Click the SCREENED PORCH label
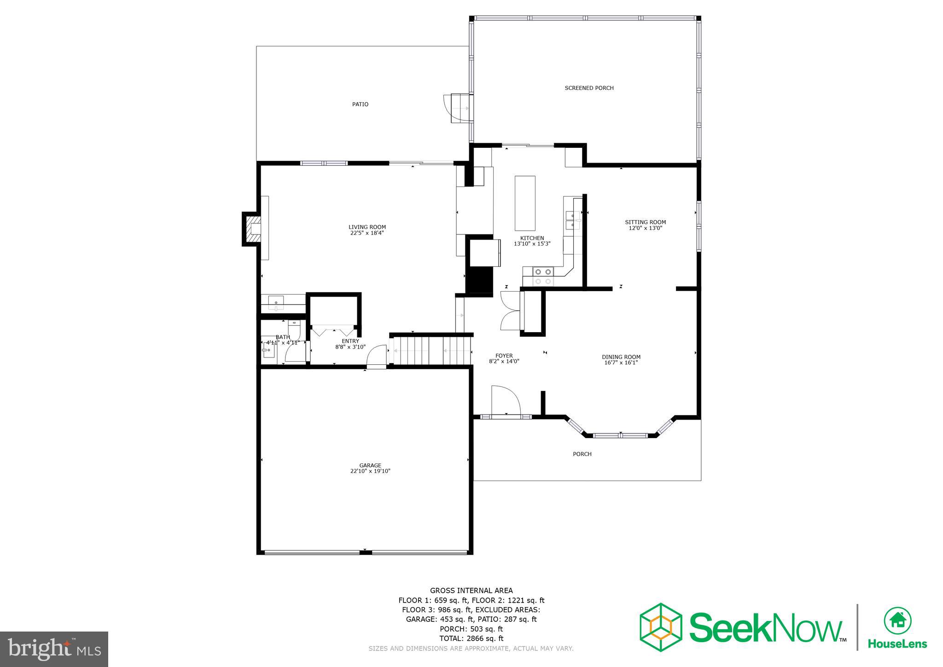[x=589, y=88]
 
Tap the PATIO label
[x=360, y=104]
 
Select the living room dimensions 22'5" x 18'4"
[x=367, y=233]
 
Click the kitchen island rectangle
[x=525, y=203]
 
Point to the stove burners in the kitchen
[x=543, y=276]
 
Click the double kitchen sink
[x=572, y=220]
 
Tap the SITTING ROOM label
[x=645, y=222]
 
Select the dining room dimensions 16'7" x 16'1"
[x=621, y=363]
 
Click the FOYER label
[x=504, y=356]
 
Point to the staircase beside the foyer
[x=431, y=351]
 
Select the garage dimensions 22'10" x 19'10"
[x=370, y=471]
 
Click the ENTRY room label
[x=350, y=341]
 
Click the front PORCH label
[x=582, y=454]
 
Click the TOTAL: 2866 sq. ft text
[x=471, y=638]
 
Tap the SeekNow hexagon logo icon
[x=661, y=627]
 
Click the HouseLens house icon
[x=897, y=621]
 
